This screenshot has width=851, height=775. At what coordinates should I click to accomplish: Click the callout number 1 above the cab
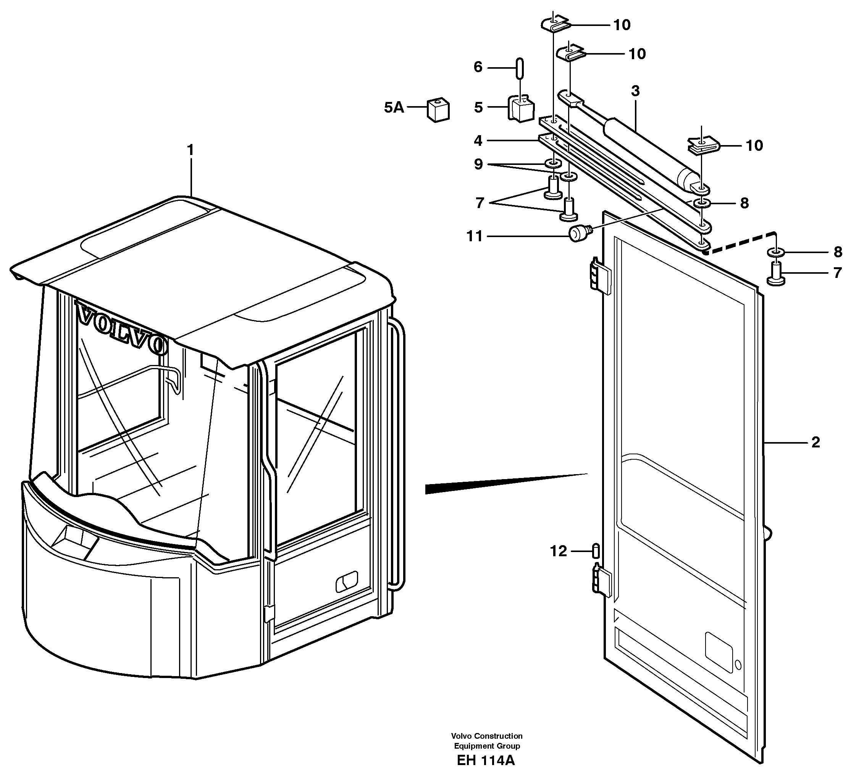click(x=191, y=150)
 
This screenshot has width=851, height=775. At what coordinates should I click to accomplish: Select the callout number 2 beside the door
click(x=815, y=442)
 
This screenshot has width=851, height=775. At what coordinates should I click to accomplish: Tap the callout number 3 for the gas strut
click(x=635, y=91)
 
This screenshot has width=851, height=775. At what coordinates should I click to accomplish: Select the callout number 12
click(x=559, y=551)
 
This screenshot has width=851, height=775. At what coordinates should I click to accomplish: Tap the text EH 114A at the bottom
click(x=486, y=760)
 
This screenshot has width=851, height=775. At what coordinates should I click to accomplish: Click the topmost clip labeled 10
click(x=555, y=24)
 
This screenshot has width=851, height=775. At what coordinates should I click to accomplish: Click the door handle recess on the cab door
click(x=347, y=583)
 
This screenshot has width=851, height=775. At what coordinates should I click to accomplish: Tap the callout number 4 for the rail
click(x=478, y=140)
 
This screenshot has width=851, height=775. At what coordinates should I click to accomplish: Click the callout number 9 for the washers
click(x=478, y=164)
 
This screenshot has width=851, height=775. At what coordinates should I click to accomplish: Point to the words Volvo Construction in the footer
click(x=486, y=736)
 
